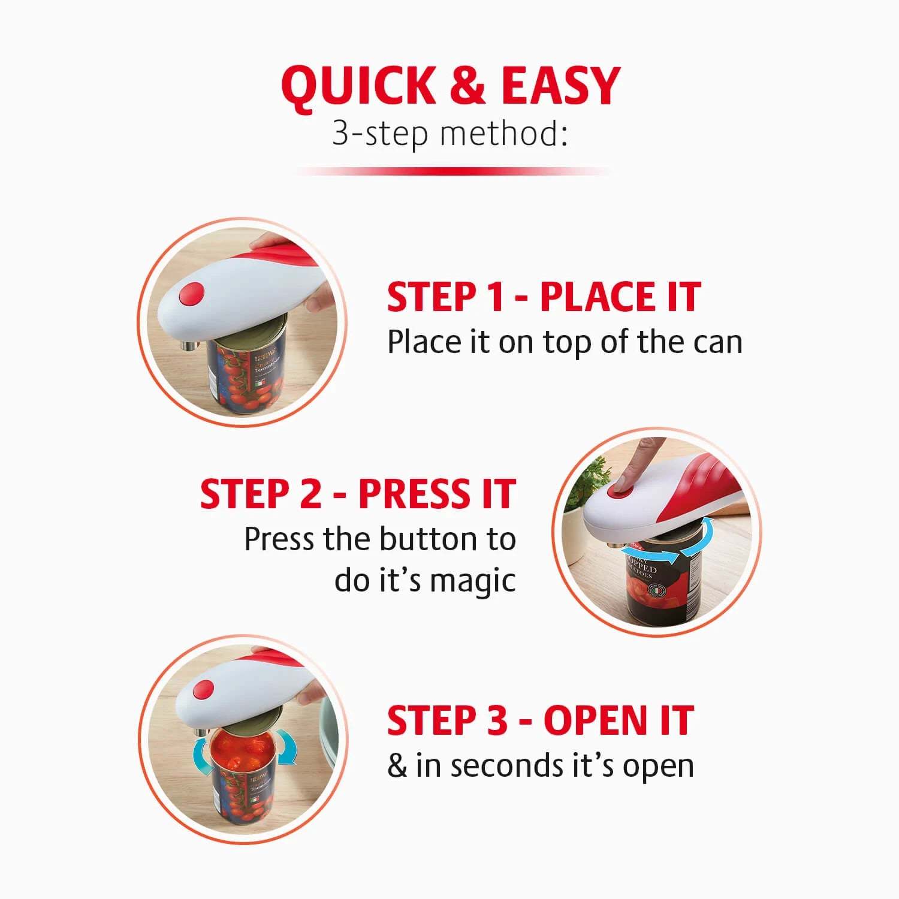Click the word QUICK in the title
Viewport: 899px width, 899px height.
pyautogui.click(x=358, y=86)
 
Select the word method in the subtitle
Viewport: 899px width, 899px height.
pyautogui.click(x=499, y=133)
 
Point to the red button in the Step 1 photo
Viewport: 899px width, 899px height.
pyautogui.click(x=192, y=294)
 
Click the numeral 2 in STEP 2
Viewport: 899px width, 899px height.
pyautogui.click(x=310, y=494)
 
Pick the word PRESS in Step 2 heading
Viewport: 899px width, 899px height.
pyautogui.click(x=410, y=494)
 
